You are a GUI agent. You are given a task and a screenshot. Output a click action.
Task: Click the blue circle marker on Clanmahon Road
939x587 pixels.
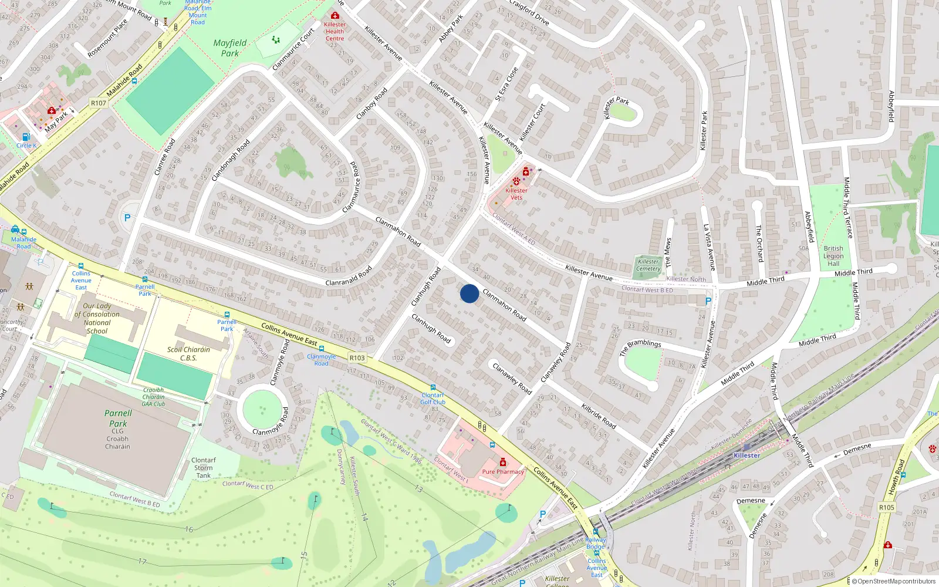(469, 293)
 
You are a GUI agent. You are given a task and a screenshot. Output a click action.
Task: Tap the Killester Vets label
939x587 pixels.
(516, 194)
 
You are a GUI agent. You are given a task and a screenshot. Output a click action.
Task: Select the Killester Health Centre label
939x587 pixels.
(335, 31)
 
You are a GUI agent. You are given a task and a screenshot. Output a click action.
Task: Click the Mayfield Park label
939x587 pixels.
(230, 48)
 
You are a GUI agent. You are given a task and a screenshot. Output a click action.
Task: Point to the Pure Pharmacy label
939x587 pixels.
(503, 471)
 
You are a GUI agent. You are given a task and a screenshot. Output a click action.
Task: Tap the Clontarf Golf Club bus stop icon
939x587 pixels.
(433, 388)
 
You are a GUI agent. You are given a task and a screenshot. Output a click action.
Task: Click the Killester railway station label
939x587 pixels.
(747, 456)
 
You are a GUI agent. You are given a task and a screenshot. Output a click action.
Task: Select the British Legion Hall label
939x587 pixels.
(833, 256)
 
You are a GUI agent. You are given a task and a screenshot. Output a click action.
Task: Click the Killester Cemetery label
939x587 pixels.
(648, 265)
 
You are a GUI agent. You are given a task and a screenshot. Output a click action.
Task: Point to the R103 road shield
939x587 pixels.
(357, 357)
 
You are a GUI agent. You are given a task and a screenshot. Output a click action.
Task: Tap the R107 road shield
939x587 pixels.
(99, 103)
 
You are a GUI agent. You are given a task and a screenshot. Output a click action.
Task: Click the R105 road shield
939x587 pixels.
(887, 507)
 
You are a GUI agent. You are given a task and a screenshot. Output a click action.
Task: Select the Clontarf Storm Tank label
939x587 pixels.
(204, 468)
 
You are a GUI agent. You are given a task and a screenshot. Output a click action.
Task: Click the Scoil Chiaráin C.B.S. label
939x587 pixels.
(188, 353)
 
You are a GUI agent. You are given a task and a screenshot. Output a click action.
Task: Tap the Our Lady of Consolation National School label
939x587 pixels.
(97, 318)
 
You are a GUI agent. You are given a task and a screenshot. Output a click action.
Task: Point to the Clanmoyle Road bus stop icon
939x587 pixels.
(321, 349)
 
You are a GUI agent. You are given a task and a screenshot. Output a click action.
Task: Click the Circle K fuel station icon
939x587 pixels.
(26, 137)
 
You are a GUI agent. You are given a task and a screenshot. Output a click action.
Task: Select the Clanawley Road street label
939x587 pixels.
(512, 379)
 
